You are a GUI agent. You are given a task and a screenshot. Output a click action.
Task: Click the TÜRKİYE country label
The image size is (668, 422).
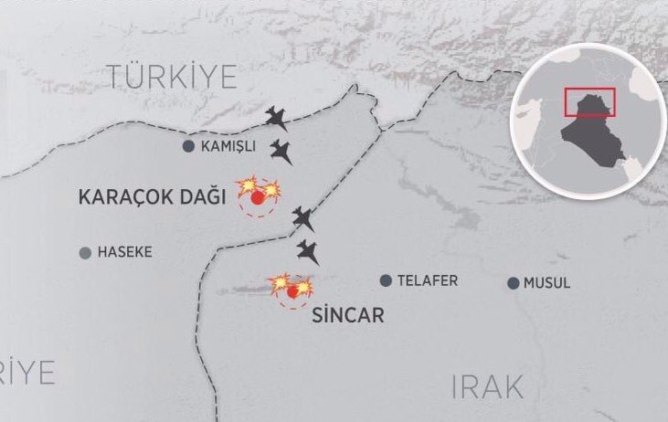[x=171, y=79]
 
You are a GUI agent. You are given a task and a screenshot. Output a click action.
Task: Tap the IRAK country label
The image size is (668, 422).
[x=488, y=386]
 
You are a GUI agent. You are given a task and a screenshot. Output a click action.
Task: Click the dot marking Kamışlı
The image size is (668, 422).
[x=188, y=146]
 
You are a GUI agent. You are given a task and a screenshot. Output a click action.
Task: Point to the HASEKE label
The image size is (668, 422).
[x=124, y=252]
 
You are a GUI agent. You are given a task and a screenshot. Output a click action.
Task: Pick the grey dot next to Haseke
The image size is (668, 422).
[x=85, y=252]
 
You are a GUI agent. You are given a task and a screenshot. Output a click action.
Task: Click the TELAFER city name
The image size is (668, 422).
[x=428, y=281]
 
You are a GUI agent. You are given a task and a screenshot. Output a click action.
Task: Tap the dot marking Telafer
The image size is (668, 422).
[x=387, y=280]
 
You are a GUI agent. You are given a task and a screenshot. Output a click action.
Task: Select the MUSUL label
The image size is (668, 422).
[x=546, y=283]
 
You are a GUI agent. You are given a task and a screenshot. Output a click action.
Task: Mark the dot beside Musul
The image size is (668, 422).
[x=514, y=283]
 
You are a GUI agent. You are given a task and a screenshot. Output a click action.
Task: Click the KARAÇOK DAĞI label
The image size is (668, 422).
[x=152, y=196]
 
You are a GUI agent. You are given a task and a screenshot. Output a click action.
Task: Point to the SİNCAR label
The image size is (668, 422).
[x=348, y=316]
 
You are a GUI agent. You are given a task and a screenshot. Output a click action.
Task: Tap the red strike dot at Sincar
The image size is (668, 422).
[x=292, y=291]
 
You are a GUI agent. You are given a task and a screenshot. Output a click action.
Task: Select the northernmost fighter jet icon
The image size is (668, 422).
[x=277, y=117]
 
